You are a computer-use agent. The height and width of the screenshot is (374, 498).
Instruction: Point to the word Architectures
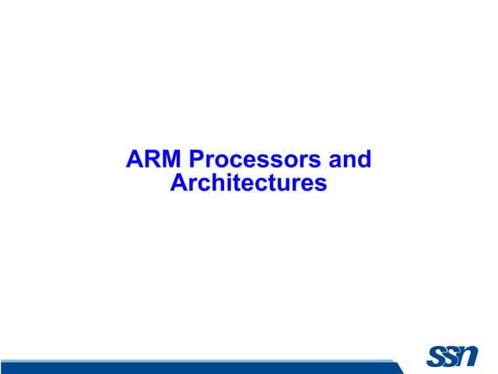pos(248,184)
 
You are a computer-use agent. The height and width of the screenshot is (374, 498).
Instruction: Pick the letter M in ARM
pos(172,161)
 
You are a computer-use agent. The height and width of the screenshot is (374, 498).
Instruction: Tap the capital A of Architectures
pos(178,184)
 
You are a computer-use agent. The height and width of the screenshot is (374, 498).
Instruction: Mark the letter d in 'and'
pos(364,161)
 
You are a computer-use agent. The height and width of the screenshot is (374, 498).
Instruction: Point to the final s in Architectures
pos(320,185)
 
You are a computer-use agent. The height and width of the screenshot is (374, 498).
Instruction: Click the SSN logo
pos(453,356)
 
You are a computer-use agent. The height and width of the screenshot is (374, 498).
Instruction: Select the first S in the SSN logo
pos(436,357)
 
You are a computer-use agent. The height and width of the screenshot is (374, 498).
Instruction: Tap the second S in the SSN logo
pos(452,356)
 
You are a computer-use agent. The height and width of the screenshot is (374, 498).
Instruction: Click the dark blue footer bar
pos(195,368)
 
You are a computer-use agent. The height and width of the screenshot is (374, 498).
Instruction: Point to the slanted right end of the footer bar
pos(398,367)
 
